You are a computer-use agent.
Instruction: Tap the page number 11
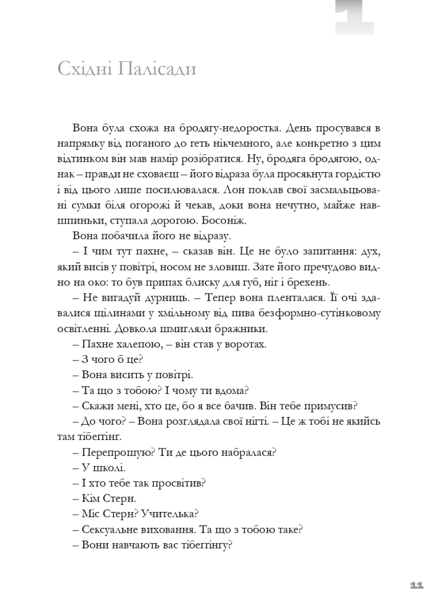[x=416, y=585]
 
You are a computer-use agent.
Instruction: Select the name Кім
[x=88, y=499]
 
